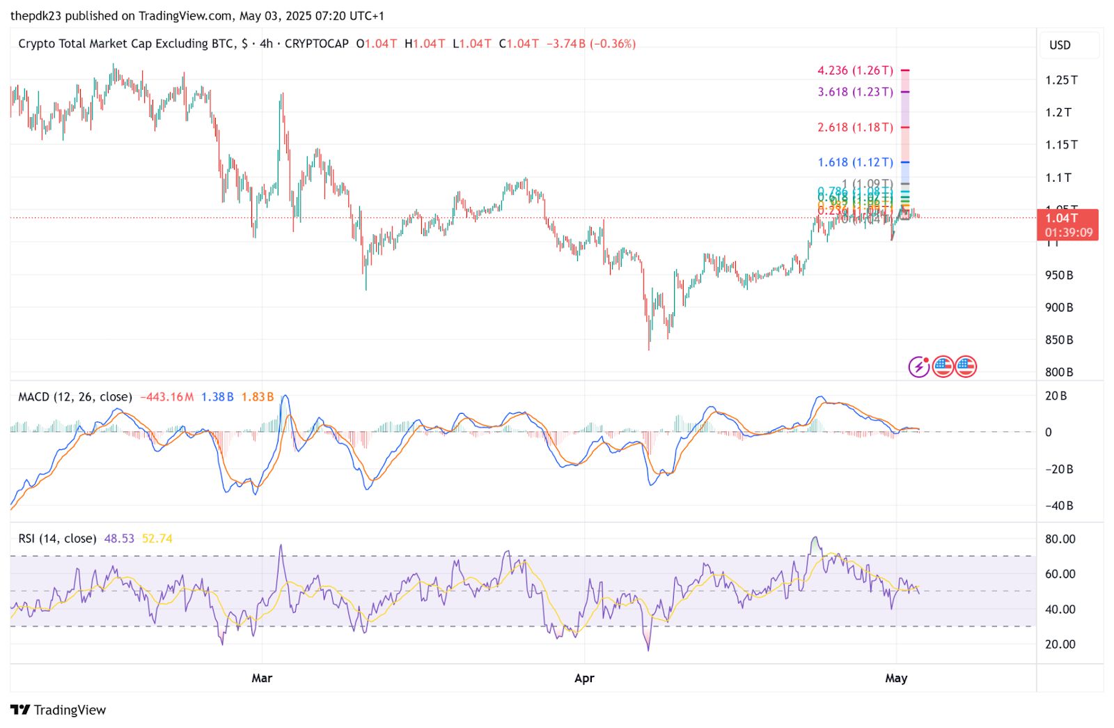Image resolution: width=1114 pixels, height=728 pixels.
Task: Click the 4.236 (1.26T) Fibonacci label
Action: (855, 70)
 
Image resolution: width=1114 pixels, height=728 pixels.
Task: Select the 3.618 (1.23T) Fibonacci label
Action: (855, 92)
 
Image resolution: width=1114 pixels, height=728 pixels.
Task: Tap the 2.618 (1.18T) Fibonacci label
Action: (855, 127)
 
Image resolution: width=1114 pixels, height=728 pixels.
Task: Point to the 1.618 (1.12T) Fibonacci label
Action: (855, 162)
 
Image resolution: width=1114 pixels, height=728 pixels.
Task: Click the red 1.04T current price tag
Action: (1067, 224)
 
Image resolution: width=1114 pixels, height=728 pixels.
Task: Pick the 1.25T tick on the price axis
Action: (1060, 80)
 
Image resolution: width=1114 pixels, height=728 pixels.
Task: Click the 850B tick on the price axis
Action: (1058, 340)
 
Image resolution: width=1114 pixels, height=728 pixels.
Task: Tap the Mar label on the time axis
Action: (262, 678)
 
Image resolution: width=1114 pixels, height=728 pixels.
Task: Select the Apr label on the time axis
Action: (584, 678)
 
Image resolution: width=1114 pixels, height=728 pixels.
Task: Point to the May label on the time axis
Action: (896, 678)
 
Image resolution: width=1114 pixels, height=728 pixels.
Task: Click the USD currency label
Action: (1060, 45)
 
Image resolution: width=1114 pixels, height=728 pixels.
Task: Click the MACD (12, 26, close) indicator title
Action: (75, 397)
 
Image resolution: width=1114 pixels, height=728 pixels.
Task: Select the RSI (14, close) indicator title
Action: (57, 539)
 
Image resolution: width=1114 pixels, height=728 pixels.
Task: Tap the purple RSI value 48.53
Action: (119, 539)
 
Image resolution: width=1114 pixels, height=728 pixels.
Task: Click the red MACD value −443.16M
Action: (167, 397)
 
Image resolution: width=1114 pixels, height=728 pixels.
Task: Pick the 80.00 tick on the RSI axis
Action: (1060, 539)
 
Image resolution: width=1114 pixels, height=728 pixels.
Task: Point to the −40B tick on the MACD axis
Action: (1058, 506)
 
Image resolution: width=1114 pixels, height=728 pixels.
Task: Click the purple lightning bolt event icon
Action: (919, 366)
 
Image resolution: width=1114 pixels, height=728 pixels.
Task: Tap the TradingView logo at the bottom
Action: (58, 710)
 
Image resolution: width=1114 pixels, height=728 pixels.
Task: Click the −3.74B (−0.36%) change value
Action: (591, 44)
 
